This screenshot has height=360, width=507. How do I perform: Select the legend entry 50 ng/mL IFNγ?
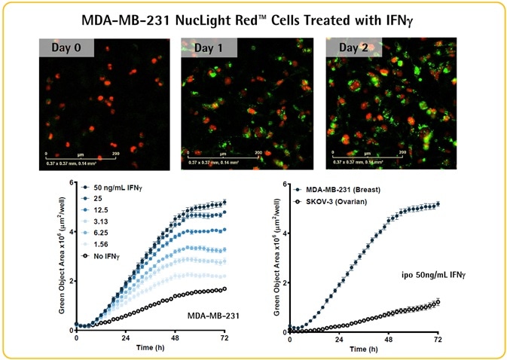click(x=117, y=187)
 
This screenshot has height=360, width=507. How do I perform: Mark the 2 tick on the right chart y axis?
click(x=284, y=283)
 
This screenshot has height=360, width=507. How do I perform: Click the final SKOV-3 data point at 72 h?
click(x=437, y=301)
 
